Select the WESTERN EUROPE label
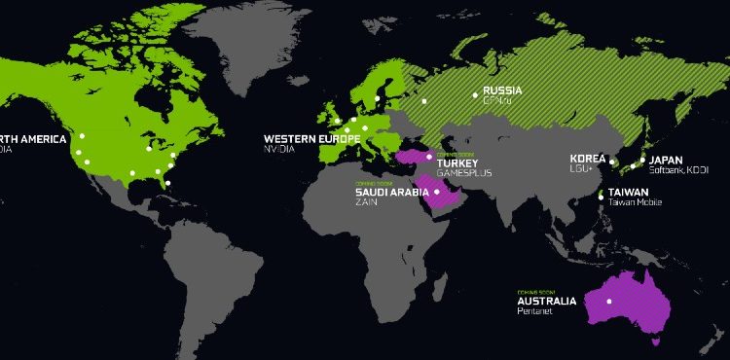tap(311, 139)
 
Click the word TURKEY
tap(456, 162)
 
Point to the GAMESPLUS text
tap(464, 173)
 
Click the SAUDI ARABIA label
tap(384, 192)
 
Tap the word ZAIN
tap(365, 202)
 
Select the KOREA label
tap(587, 159)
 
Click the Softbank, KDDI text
tap(679, 170)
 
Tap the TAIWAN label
tap(629, 193)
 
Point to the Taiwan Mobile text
tap(636, 203)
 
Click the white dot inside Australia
tap(609, 301)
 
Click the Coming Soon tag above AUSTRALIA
tap(532, 290)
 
